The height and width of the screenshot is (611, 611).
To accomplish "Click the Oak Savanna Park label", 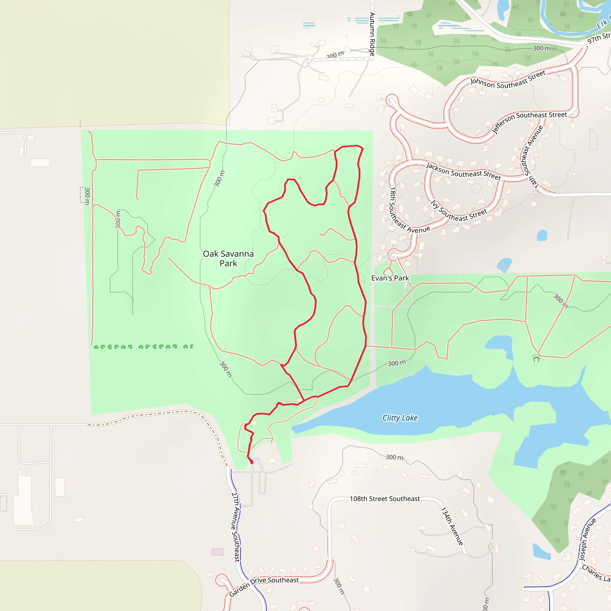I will click(228, 258).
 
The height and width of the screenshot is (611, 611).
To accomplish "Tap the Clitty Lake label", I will click(400, 418).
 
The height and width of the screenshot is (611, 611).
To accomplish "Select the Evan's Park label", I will click(390, 278).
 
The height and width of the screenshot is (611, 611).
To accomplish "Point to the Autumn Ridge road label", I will click(372, 34).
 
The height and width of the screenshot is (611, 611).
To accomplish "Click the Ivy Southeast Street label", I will click(459, 211).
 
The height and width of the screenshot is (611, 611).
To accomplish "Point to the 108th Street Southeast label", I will click(385, 499).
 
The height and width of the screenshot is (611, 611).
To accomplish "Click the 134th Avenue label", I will click(452, 526).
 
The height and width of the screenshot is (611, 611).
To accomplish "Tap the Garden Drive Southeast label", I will click(264, 586).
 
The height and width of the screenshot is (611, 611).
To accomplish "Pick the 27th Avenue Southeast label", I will click(236, 526).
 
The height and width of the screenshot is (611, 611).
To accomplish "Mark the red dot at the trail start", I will click(252, 462).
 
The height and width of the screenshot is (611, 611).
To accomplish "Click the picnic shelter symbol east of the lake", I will click(536, 357).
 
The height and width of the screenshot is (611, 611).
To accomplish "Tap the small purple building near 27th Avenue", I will click(217, 552).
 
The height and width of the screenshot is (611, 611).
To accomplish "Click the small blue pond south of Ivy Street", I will click(542, 235).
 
